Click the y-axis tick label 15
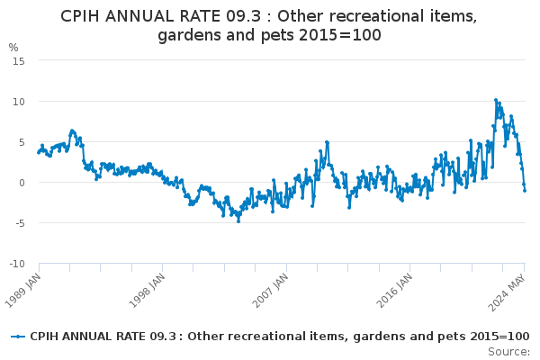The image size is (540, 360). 19,61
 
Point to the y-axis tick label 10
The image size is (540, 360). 19,102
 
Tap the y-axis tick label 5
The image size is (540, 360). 22,142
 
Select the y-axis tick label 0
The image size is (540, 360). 22,183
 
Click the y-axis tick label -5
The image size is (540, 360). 20,223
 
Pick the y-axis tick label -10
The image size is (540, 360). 17,264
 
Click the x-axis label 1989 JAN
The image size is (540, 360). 22,291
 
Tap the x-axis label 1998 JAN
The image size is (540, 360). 147,291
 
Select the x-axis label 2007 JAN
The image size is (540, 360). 270,291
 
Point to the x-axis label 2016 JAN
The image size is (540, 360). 394,291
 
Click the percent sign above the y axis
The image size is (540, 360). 13,47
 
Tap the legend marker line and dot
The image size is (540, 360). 18,337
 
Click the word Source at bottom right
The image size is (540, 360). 508,352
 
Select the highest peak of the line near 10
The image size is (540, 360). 496,100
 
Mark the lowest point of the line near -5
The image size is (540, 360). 238,221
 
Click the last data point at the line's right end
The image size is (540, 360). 525,191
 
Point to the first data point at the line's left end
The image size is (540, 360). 39,153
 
